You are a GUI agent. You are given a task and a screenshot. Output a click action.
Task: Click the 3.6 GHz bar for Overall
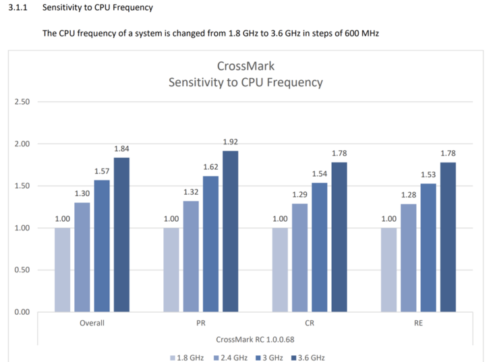pos(121,235)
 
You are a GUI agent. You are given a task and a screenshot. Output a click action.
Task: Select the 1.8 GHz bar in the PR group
pos(171,270)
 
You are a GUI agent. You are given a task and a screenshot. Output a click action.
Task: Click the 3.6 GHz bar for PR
pos(231,231)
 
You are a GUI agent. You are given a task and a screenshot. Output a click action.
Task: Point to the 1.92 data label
pos(231,142)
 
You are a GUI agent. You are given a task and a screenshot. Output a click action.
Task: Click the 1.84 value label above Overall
pos(121,149)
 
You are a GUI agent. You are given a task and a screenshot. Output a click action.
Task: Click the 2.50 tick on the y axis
pos(22,102)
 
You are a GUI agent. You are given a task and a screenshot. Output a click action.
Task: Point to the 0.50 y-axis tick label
pos(22,270)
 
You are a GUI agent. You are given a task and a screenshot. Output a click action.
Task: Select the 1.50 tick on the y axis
pos(22,186)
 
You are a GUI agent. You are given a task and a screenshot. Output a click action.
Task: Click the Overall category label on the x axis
pos(92,324)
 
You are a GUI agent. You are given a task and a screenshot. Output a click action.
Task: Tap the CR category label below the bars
pos(309,324)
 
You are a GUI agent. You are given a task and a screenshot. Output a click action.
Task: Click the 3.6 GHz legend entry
pos(312,357)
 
